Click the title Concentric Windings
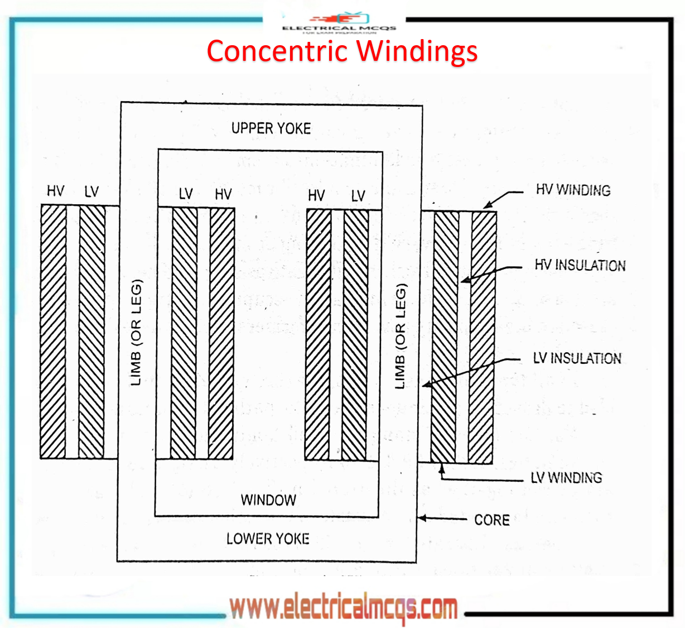342,51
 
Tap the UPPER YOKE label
271,128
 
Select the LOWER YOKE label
268,539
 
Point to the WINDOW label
268,500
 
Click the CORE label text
491,520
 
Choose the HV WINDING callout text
573,190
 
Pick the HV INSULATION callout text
580,265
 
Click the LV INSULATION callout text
577,358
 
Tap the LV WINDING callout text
566,478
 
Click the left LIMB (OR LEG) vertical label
136,333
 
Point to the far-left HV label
55,191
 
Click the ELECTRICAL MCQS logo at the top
339,23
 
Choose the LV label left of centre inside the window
186,194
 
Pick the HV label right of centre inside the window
316,195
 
